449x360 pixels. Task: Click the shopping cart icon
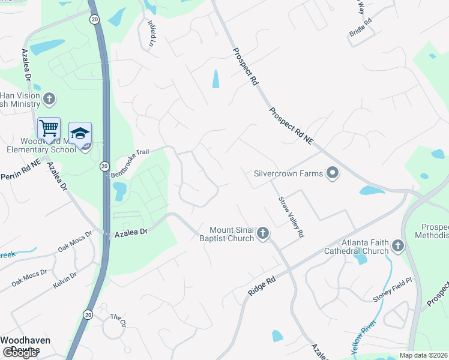pos(49,128)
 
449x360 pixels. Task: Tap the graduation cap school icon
pos(80,133)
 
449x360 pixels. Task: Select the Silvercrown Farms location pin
pos(333,173)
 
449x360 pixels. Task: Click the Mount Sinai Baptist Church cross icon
pos(262,233)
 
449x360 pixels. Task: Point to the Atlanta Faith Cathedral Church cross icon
pos(397,246)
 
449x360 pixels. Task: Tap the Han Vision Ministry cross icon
pos(49,98)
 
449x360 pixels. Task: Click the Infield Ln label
pos(152,34)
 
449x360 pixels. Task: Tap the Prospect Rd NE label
pos(292,125)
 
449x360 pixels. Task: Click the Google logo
pos(20,353)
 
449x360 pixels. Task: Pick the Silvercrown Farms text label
pos(288,173)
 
